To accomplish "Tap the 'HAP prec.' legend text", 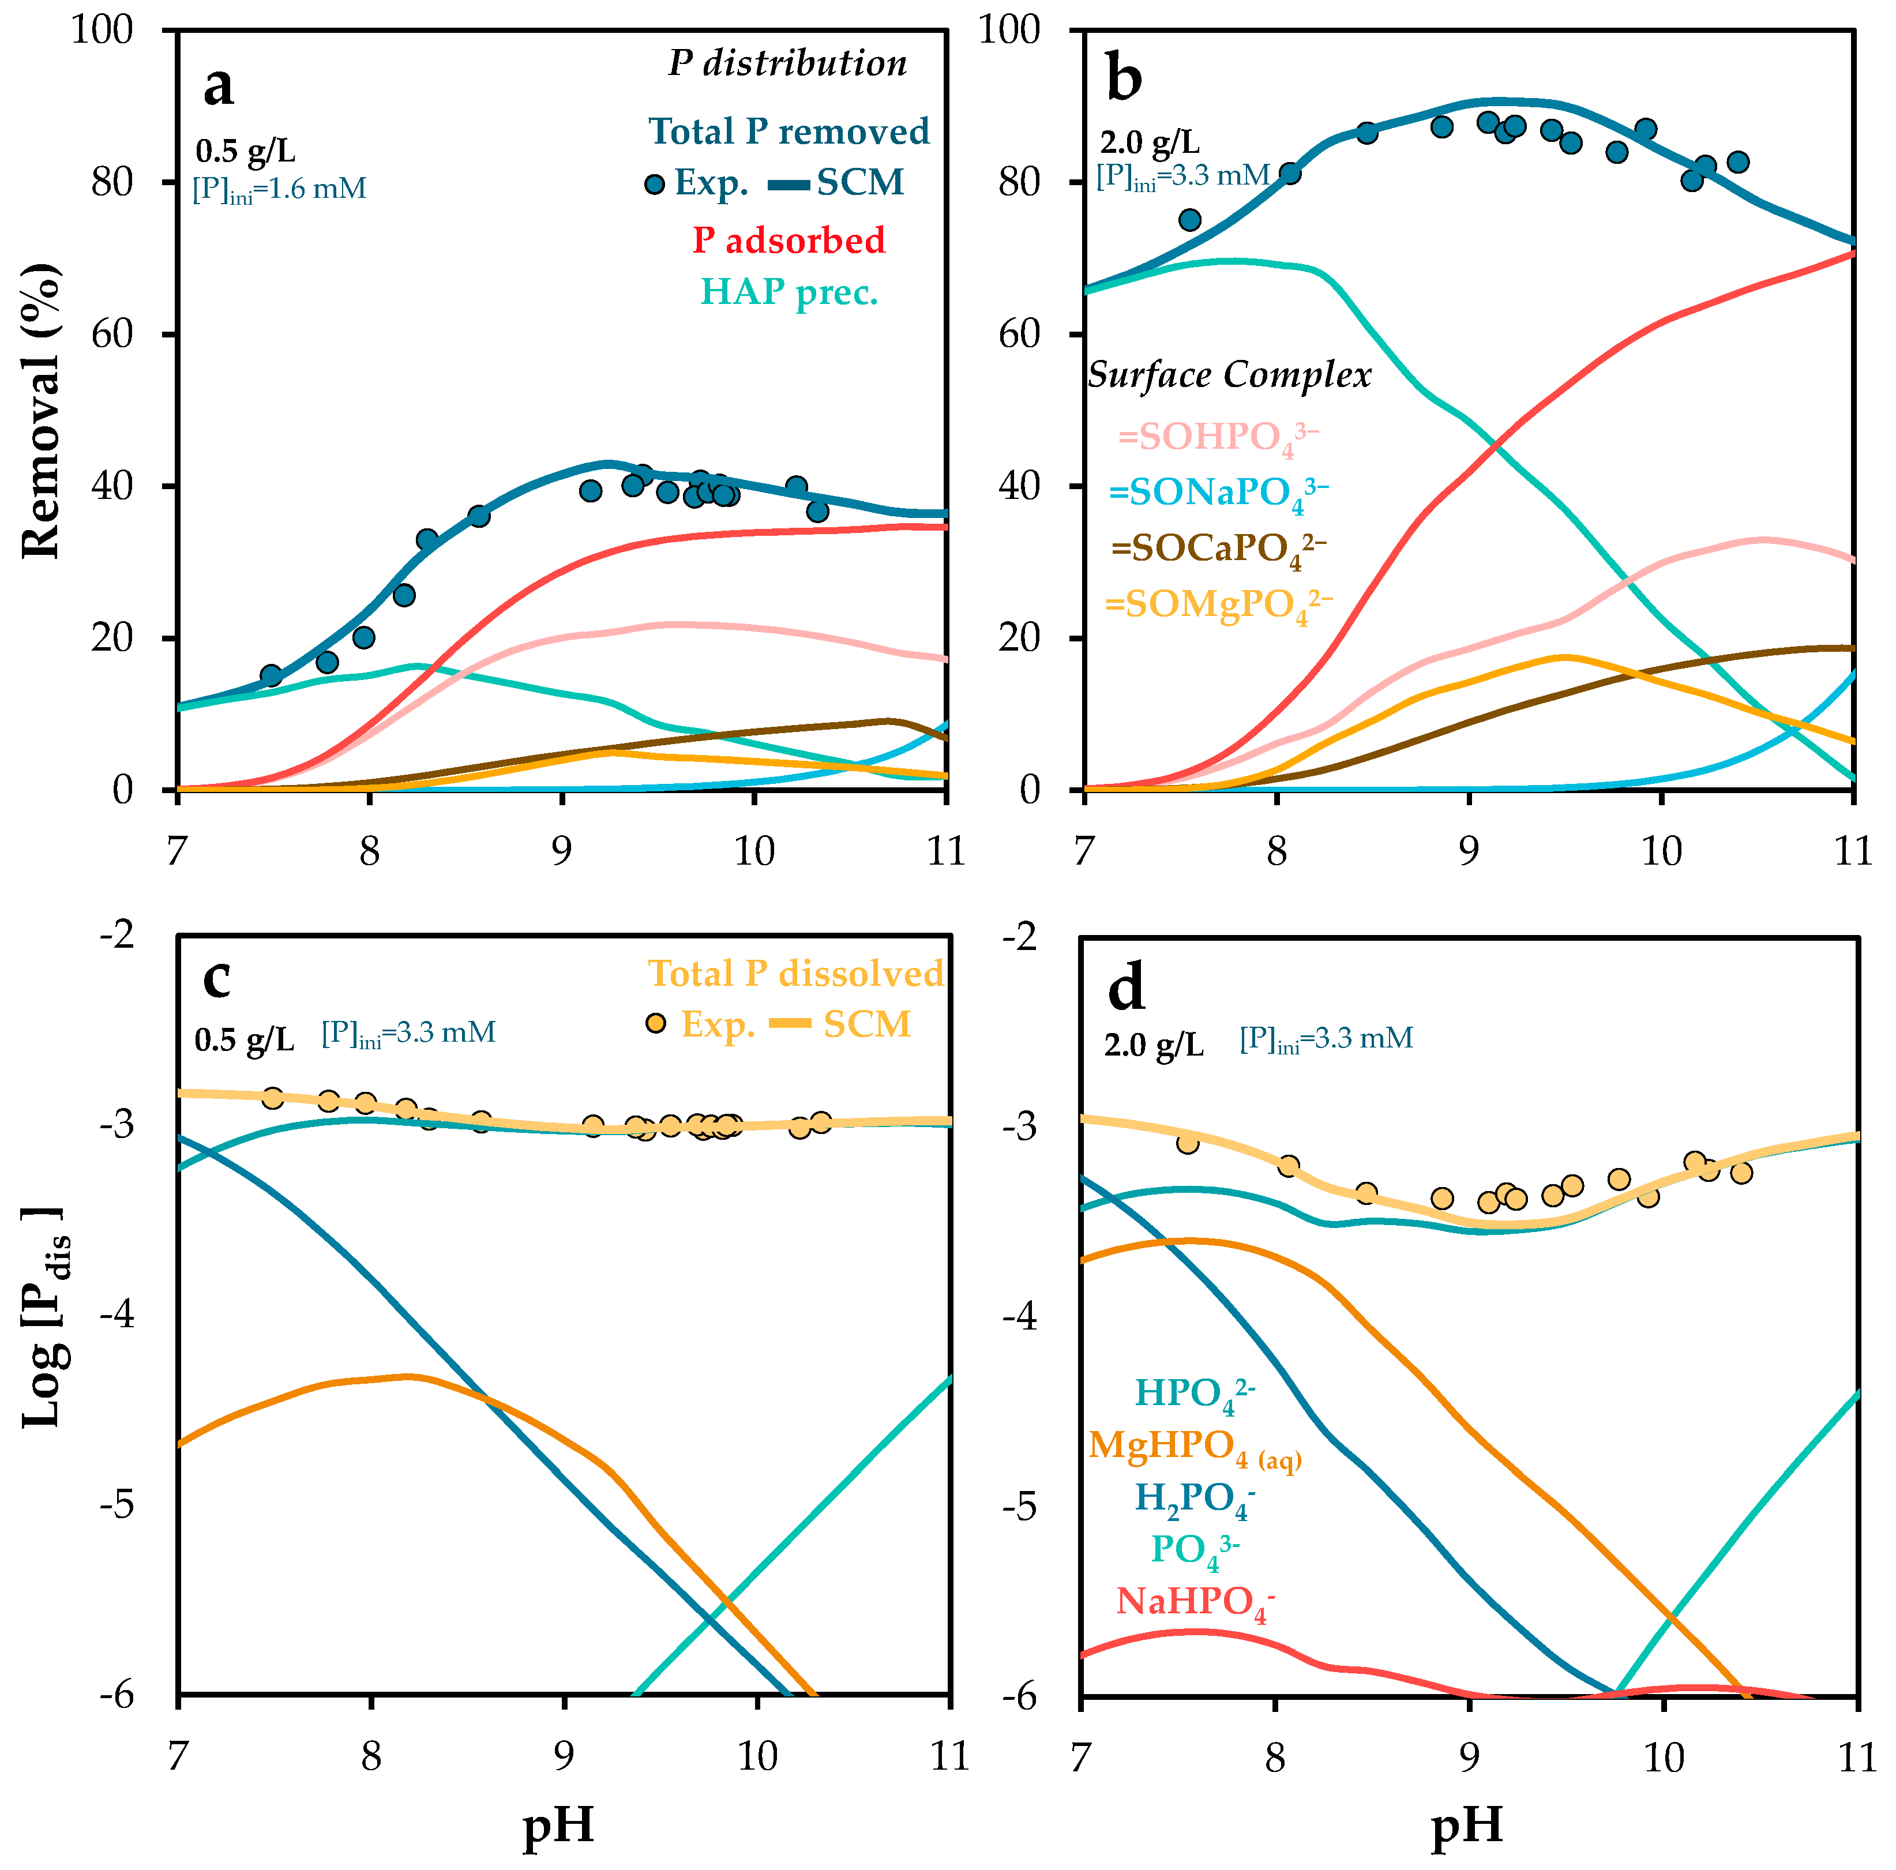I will [789, 292].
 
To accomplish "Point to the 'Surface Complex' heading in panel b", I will [1229, 375].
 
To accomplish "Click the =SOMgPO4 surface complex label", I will [1218, 605].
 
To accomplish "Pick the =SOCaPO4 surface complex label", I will [1218, 549].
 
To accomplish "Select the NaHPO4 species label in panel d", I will [1195, 1602].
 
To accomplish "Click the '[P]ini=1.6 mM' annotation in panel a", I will [280, 189].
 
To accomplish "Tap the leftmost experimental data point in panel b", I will [1189, 220].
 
